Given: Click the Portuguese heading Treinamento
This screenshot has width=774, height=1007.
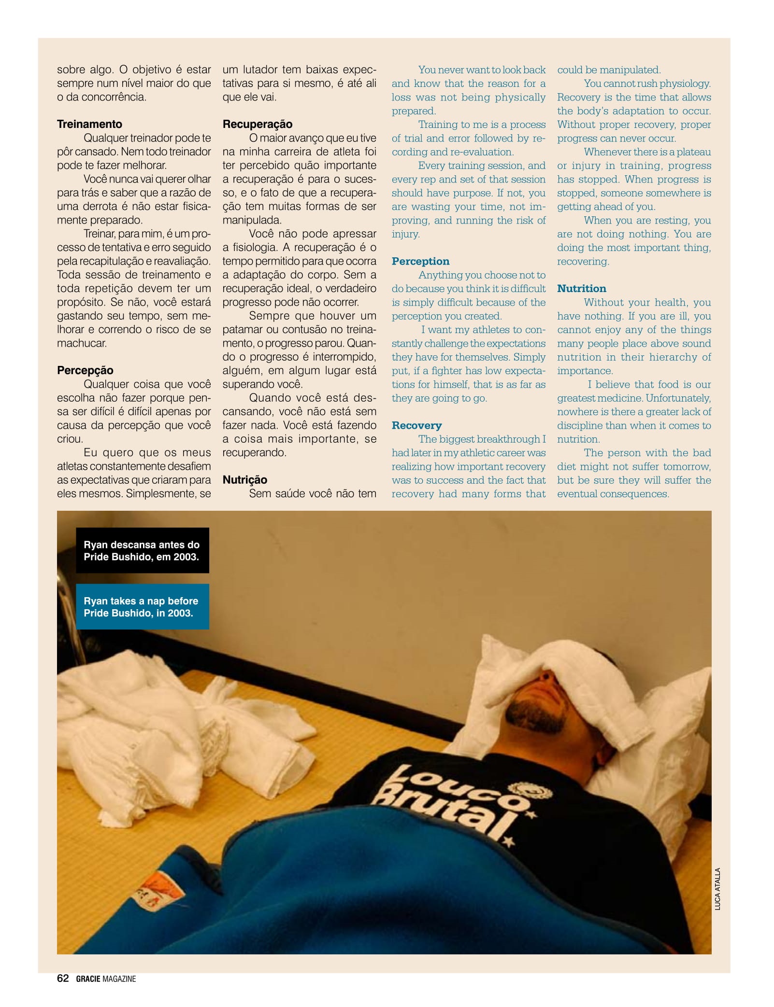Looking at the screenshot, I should click(89, 124).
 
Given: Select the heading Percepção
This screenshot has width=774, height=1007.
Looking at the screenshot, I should click(85, 370).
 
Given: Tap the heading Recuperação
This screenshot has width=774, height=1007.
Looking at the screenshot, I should click(258, 124).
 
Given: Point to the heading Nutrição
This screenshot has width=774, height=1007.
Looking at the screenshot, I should click(244, 480).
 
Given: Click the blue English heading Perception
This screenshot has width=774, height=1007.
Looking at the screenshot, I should click(420, 261).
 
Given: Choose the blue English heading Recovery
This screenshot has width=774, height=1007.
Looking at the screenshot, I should click(416, 425).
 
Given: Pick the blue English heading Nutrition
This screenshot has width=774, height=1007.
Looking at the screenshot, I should click(581, 289).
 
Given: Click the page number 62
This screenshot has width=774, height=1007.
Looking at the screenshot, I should click(63, 979).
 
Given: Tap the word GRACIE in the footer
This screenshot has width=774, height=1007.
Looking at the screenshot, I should click(88, 979).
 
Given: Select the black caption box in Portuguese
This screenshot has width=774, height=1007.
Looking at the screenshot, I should click(142, 550).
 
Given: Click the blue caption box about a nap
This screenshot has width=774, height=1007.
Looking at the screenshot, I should click(142, 607).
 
